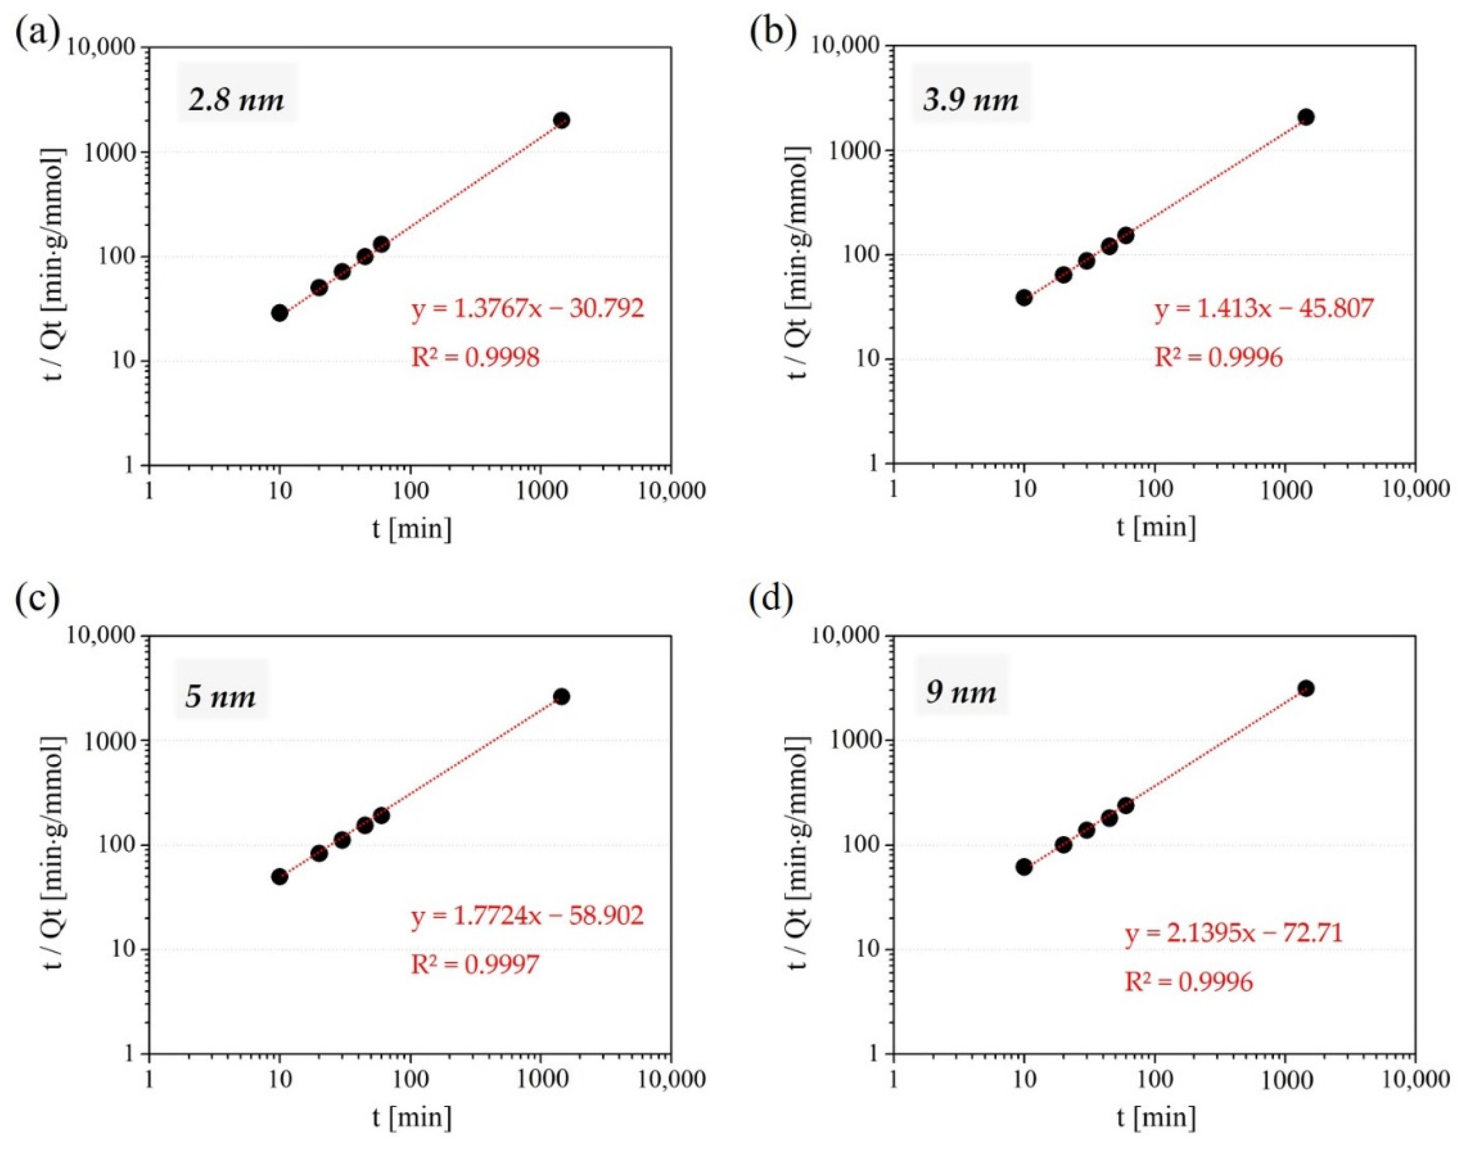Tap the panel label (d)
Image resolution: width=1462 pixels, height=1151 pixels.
point(771,598)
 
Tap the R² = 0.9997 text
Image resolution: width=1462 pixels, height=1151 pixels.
point(475,965)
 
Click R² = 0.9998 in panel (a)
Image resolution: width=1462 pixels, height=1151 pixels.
point(475,358)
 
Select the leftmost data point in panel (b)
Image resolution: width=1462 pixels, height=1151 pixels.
point(1024,297)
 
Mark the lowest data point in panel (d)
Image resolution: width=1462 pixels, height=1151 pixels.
point(1024,867)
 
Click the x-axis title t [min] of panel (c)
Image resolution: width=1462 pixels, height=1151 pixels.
point(411,1119)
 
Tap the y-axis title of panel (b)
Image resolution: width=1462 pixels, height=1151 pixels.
point(797,255)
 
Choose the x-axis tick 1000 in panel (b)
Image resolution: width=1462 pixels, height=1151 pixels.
point(1285,490)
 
